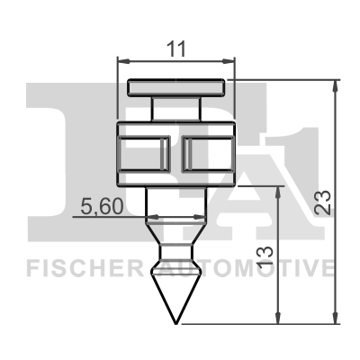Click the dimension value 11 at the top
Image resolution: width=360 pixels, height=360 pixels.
coord(176,49)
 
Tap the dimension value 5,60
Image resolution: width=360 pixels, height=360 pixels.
coord(103,206)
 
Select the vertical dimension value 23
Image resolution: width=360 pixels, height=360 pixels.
coord(322,202)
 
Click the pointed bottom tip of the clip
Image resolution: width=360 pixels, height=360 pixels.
coord(176,324)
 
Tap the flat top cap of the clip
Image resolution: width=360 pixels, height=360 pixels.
coord(176,87)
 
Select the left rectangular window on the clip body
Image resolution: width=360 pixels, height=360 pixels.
coord(144,154)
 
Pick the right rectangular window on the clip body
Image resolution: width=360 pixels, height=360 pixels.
coord(208,154)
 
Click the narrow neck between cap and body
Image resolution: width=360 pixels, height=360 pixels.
coord(176,109)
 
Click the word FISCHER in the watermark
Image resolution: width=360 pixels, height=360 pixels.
coord(85,268)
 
